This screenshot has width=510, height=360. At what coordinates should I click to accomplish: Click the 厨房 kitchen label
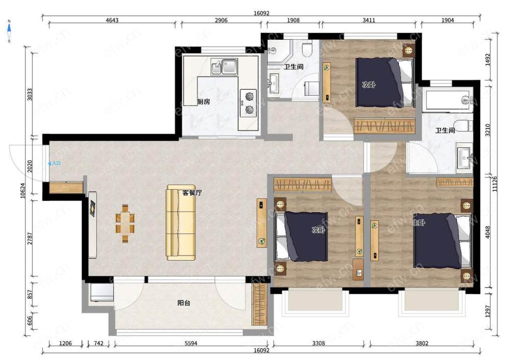click(203, 102)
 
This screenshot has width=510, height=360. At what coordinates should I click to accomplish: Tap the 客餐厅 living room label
click(192, 193)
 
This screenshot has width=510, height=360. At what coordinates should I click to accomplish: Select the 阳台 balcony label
click(184, 303)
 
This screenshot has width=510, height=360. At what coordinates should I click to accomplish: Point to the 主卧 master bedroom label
click(419, 223)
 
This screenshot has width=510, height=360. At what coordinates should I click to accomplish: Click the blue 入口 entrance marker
click(55, 163)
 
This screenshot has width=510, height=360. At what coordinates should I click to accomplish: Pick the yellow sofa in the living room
click(181, 223)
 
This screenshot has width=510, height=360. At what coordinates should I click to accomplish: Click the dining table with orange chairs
click(125, 223)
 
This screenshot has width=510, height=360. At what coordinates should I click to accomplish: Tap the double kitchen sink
click(224, 67)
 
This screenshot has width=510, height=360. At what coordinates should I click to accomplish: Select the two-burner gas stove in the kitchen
click(248, 103)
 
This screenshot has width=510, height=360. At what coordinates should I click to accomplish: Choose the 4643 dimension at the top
click(112, 20)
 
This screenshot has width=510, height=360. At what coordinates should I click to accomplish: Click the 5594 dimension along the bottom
click(191, 343)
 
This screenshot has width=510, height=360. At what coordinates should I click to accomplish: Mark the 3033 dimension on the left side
click(30, 94)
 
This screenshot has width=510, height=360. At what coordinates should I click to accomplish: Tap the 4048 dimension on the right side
click(488, 232)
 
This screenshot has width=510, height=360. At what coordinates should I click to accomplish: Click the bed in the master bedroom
click(442, 241)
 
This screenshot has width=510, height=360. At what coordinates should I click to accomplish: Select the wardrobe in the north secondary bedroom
click(385, 125)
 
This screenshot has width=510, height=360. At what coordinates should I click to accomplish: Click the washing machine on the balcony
click(102, 293)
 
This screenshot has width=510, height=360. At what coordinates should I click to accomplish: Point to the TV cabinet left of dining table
click(93, 225)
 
